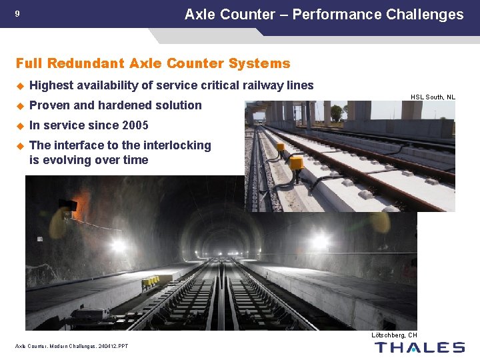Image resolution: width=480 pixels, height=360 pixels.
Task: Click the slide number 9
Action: (x=17, y=14)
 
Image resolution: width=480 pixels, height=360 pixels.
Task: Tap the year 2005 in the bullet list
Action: (x=135, y=125)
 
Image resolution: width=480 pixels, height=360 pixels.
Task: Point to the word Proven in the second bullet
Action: (x=49, y=105)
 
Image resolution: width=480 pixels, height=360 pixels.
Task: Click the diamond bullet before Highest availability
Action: (x=20, y=85)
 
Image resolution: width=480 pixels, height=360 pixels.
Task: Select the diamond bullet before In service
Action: (x=20, y=125)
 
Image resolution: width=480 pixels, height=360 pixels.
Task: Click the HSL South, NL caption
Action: (x=433, y=97)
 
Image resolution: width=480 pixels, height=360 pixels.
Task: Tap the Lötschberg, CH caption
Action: (x=394, y=335)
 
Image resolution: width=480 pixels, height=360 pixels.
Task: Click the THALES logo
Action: (x=419, y=347)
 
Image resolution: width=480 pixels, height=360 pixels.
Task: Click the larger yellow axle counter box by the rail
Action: (x=295, y=163)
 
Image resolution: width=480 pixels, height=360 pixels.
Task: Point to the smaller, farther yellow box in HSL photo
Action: (x=281, y=147)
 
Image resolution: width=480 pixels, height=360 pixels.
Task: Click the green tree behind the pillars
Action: (x=337, y=113)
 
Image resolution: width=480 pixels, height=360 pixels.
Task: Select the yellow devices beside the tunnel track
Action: (x=149, y=282)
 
